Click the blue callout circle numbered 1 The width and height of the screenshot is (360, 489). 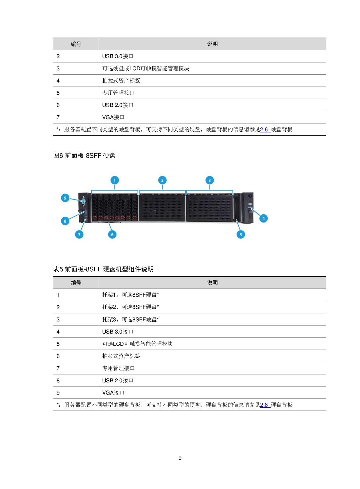click(x=115, y=180)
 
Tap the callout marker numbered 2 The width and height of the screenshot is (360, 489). click(x=162, y=180)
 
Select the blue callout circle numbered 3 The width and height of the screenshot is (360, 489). click(x=210, y=180)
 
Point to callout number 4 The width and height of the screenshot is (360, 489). click(x=263, y=218)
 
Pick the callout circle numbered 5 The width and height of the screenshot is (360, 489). click(x=241, y=234)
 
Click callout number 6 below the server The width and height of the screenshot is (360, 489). click(x=112, y=234)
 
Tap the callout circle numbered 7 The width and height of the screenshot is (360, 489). click(x=79, y=234)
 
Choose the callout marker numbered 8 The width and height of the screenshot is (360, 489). click(x=65, y=221)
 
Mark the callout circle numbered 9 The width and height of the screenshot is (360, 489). click(x=65, y=198)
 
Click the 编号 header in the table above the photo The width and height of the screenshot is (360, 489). click(x=76, y=44)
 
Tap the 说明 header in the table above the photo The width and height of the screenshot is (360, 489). click(x=212, y=44)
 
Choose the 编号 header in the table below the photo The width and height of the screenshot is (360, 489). click(x=76, y=283)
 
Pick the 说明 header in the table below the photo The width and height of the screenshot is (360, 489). click(x=212, y=283)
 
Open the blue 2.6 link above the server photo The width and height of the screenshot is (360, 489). click(x=265, y=130)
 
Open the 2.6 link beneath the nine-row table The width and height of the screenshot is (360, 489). click(x=265, y=405)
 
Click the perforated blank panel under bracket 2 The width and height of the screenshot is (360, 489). click(x=162, y=208)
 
